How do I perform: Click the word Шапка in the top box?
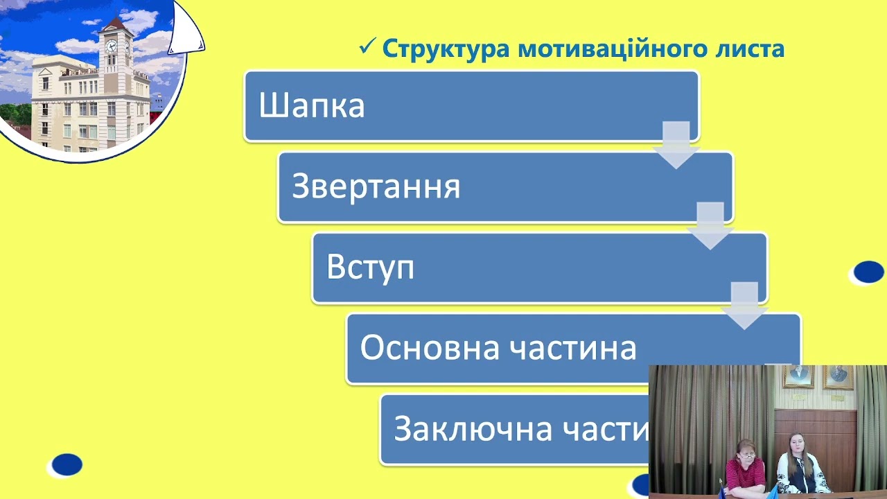(x=312, y=107)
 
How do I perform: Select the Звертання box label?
(x=376, y=187)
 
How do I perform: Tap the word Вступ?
(x=370, y=268)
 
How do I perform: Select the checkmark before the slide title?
(x=367, y=49)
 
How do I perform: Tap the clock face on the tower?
(x=111, y=47)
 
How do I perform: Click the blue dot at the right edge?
(x=868, y=272)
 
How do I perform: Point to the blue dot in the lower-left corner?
(x=67, y=464)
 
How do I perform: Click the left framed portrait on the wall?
(x=798, y=377)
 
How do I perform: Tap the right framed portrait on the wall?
(x=838, y=377)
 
